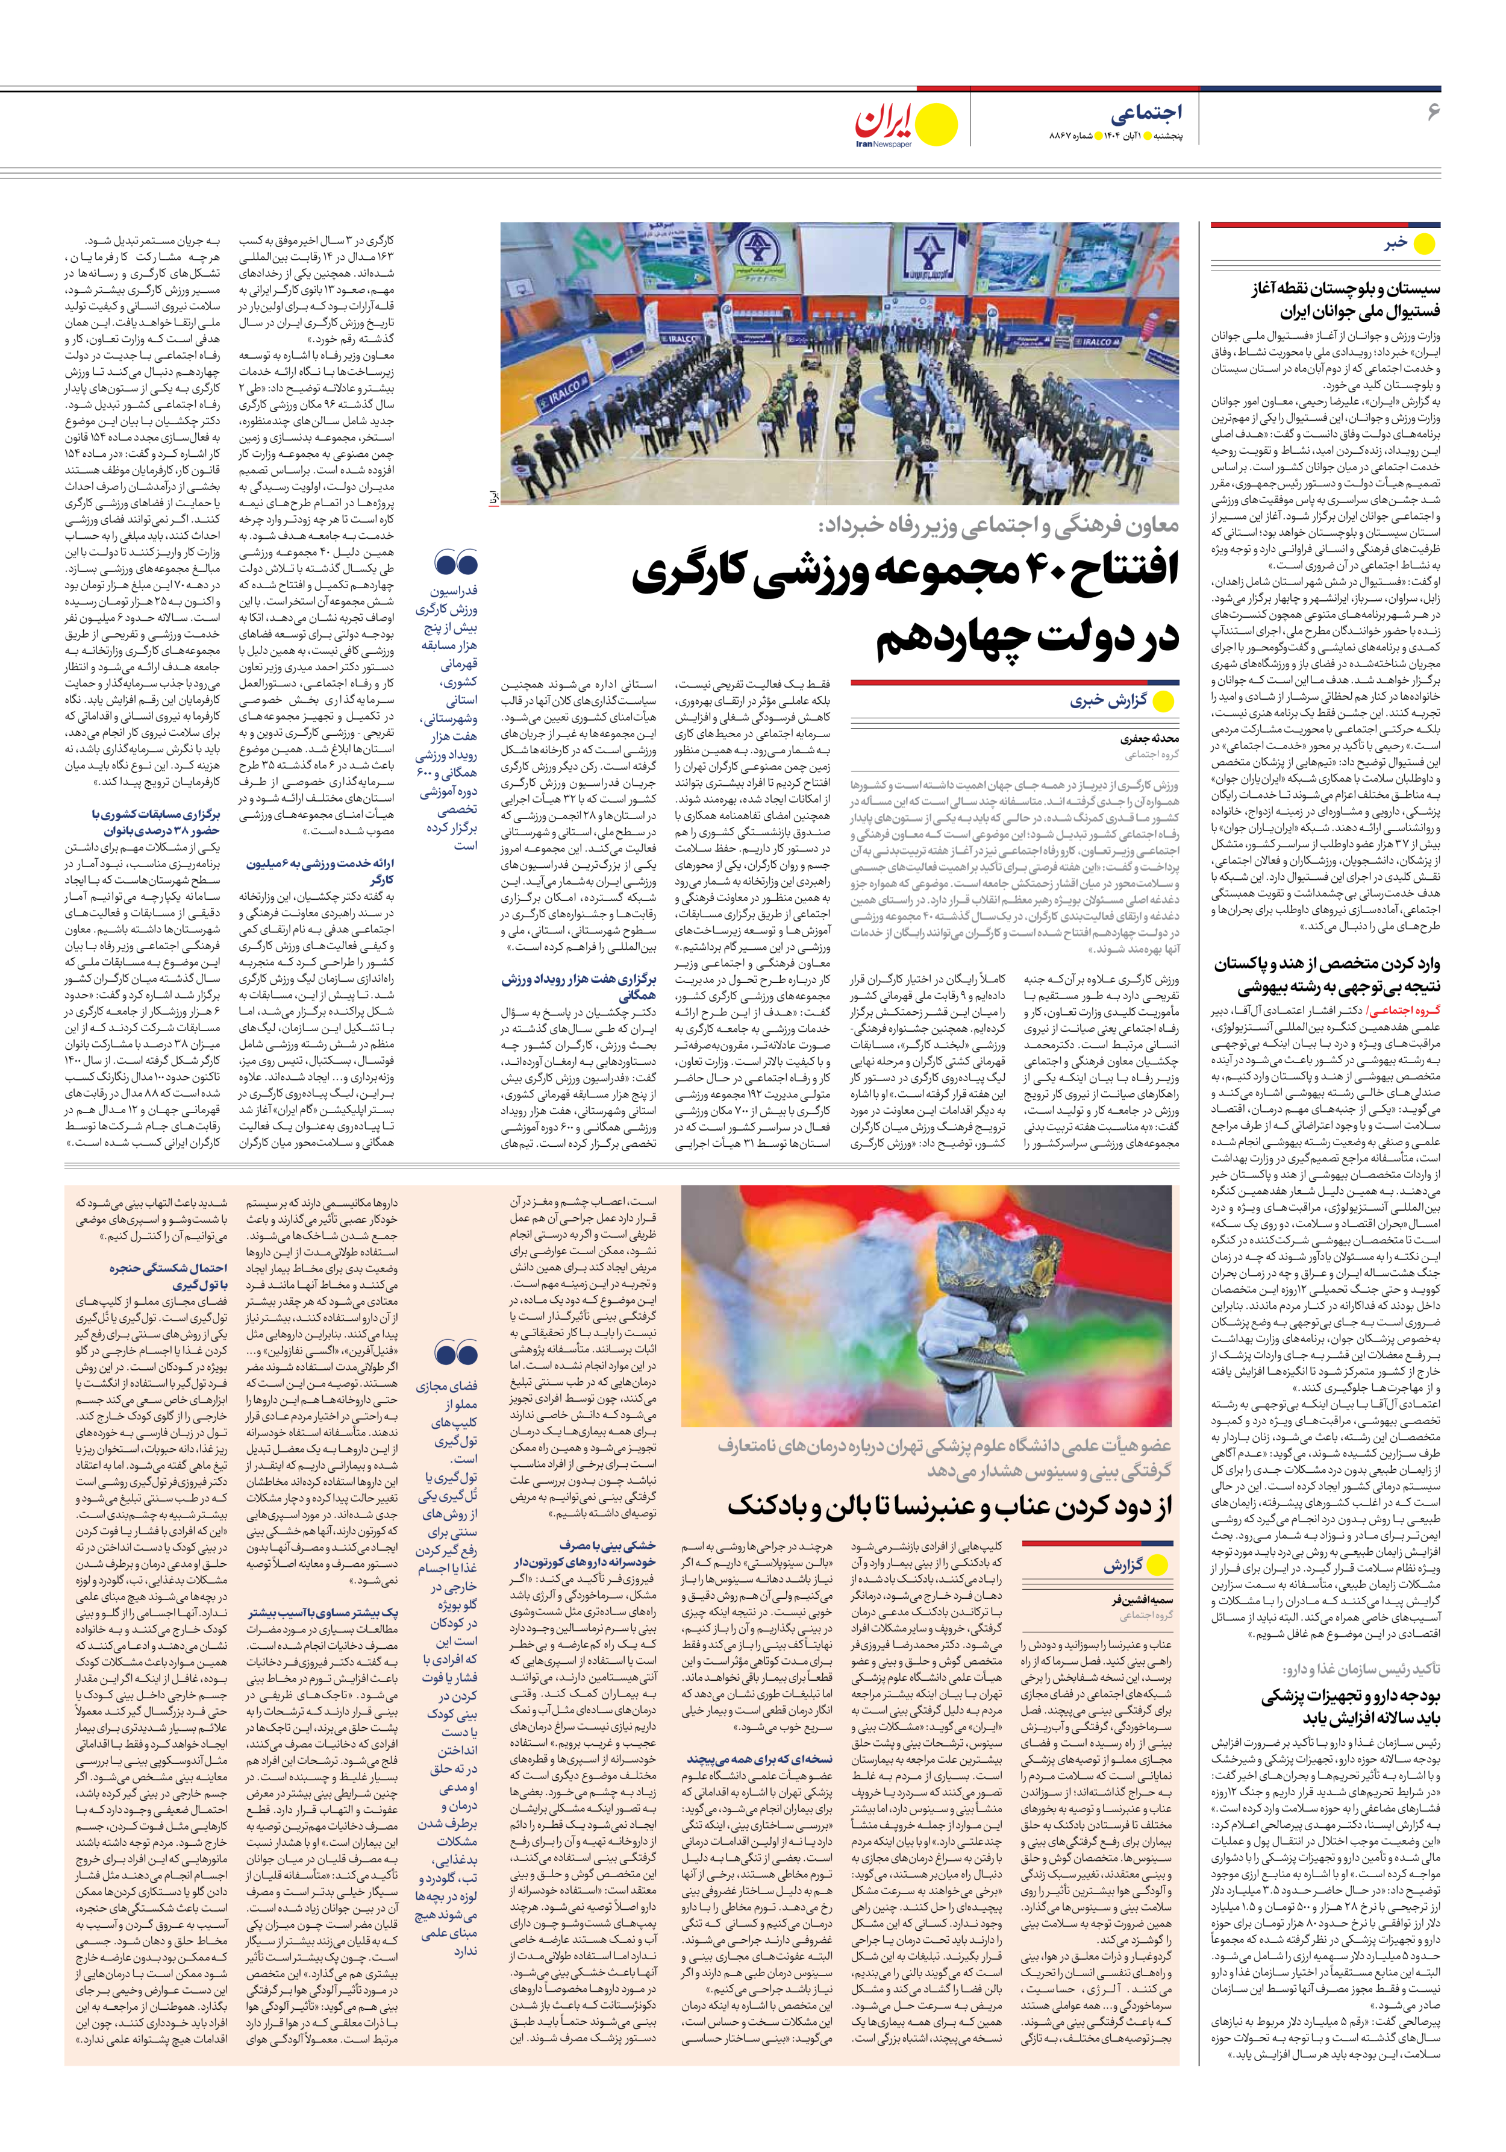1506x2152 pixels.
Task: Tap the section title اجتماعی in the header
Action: (1146, 113)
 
